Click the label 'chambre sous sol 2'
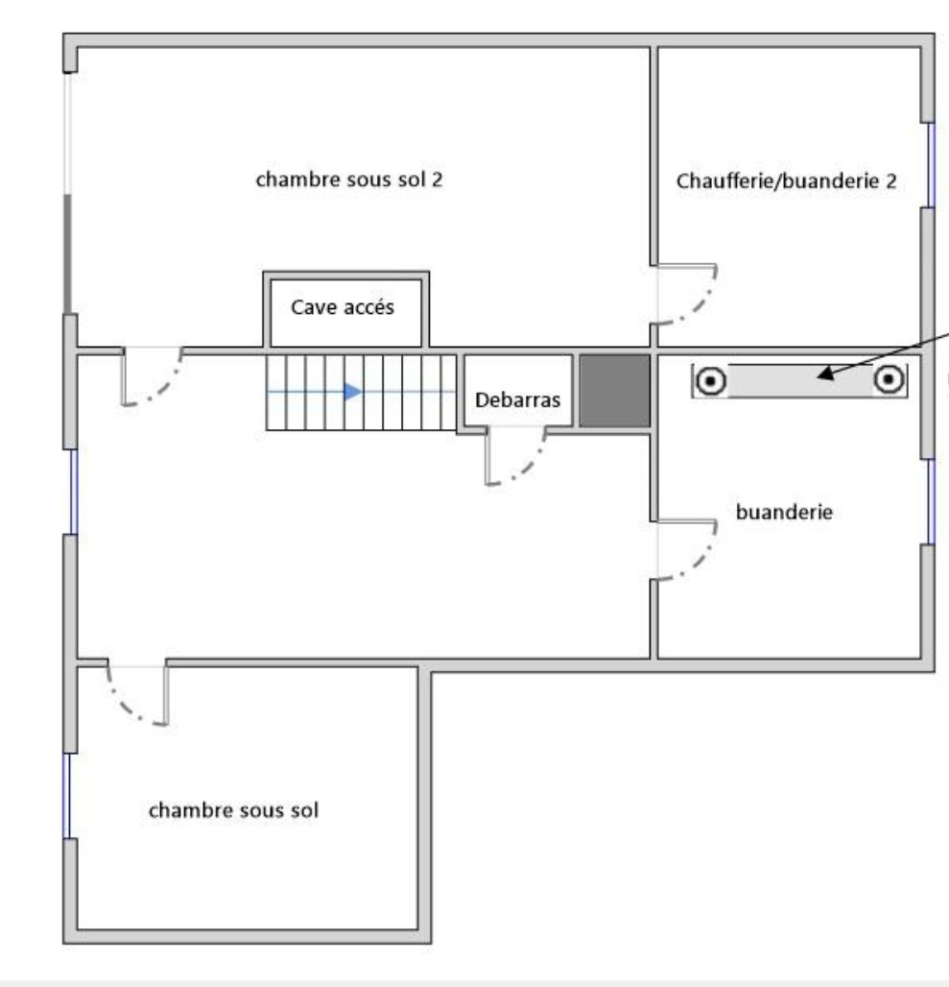(x=348, y=181)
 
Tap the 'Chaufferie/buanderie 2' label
(x=787, y=181)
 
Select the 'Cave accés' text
(x=343, y=309)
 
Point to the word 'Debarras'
(x=518, y=400)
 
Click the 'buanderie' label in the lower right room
(x=783, y=512)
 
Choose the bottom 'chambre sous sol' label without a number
(x=234, y=809)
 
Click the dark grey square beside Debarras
(x=614, y=390)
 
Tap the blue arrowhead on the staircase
(x=353, y=391)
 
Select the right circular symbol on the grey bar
(x=890, y=380)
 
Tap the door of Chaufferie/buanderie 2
(x=687, y=293)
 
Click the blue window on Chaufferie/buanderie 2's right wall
(x=930, y=164)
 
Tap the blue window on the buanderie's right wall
(x=930, y=501)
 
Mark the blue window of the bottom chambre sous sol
(x=67, y=796)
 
